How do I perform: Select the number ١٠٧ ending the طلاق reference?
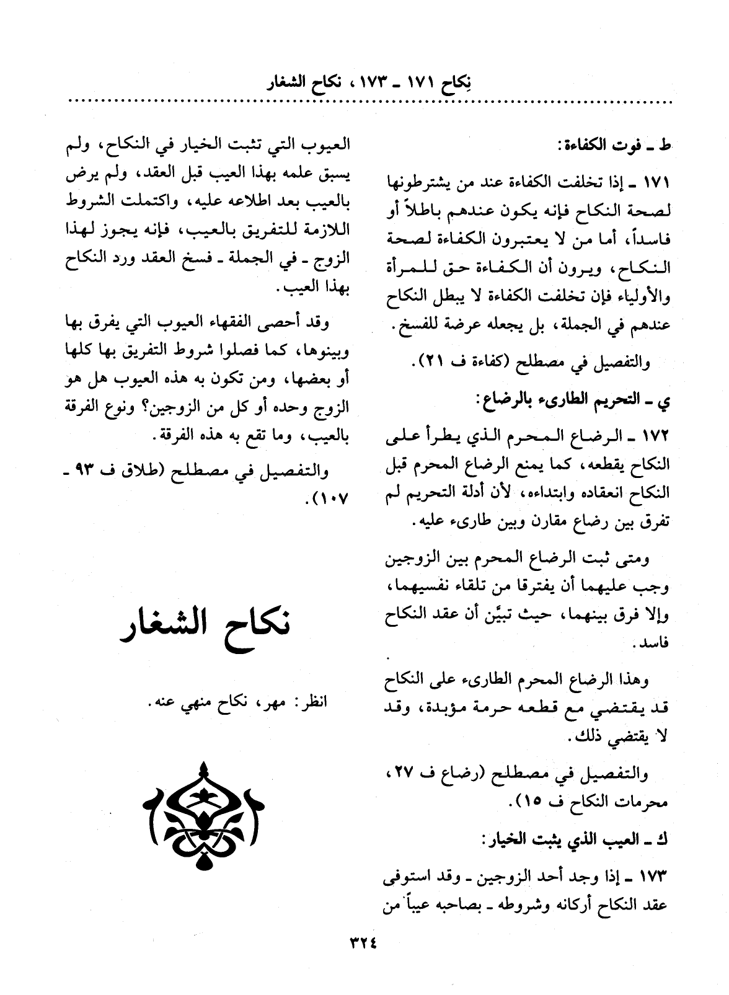(x=332, y=498)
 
